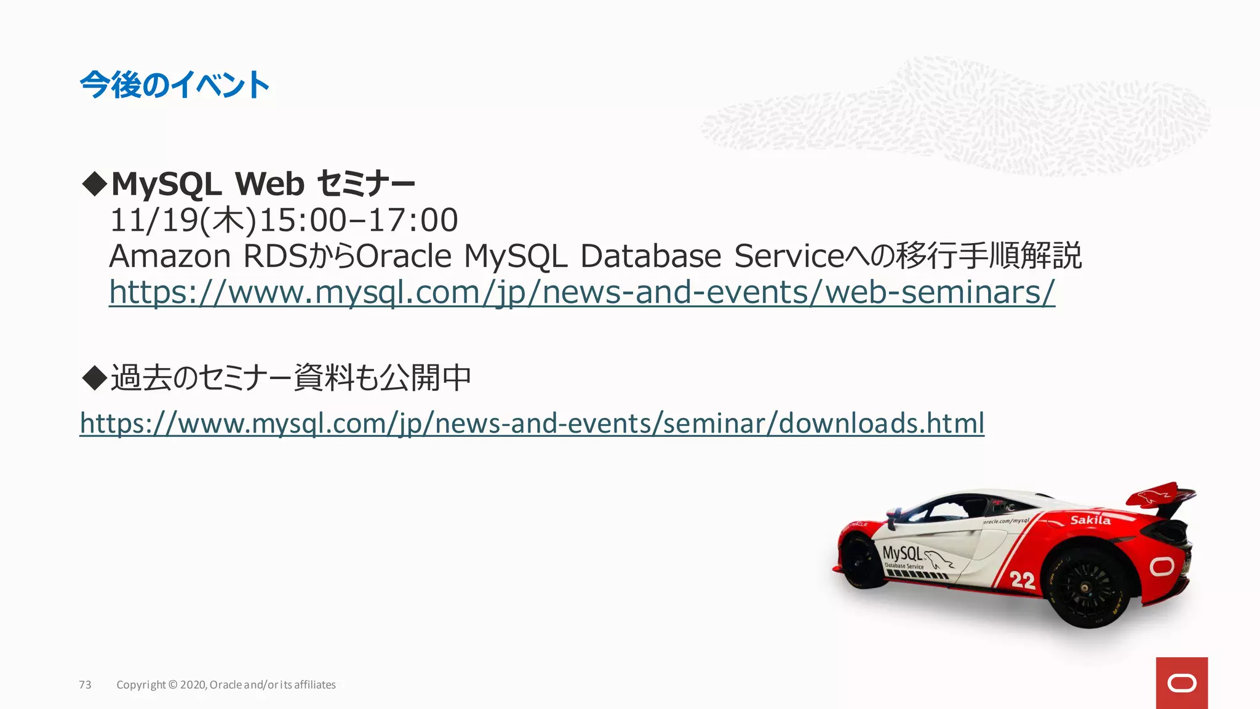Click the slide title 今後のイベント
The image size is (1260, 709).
pos(175,85)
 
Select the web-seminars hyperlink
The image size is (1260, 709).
pos(581,292)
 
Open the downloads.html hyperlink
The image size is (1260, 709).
pos(532,423)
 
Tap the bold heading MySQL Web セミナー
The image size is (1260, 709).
pos(263,183)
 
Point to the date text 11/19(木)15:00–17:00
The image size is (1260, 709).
pos(284,220)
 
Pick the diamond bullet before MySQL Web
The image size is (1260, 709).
pos(94,184)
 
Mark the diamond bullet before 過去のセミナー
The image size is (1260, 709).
pos(94,377)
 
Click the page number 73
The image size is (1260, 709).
pos(85,684)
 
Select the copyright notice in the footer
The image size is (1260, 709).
pos(226,684)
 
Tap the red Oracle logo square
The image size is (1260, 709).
pos(1181,683)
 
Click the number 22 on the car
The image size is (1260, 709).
pos(1022,579)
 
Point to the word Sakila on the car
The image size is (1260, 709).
pos(1090,520)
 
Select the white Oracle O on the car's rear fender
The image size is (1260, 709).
pos(1162,566)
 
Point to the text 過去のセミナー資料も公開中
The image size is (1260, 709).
pos(290,377)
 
